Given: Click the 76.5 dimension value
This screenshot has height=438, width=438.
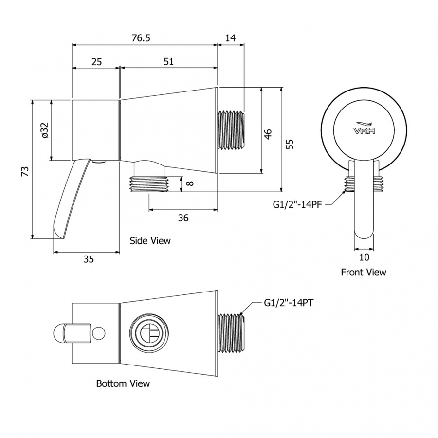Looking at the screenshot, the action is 141,37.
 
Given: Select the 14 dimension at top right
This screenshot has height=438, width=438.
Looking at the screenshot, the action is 231,37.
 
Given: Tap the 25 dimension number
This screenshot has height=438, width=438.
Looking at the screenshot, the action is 97,61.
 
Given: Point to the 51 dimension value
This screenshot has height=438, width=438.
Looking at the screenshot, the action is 169,61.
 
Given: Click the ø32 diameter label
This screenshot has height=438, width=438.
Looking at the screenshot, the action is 45,130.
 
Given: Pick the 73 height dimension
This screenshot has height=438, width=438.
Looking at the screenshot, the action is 25,171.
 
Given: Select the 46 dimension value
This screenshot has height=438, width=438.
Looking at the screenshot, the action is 268,134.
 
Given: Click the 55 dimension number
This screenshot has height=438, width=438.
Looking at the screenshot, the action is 291,144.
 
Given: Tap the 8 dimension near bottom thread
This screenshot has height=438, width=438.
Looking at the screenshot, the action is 190,183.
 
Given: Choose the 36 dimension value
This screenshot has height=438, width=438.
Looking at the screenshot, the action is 183,218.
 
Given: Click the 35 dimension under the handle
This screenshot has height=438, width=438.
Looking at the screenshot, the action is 89,259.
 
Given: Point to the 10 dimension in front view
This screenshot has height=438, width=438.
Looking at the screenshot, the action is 364,257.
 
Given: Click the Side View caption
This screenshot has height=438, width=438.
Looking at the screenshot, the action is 150,241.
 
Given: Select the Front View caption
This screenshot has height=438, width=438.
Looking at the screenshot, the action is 364,272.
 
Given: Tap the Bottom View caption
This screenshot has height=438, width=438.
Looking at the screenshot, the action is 123,383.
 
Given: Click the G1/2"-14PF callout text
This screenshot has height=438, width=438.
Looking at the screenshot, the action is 297,205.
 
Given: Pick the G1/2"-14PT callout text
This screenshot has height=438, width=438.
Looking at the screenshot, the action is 289,303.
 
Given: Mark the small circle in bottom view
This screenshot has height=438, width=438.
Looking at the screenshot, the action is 99,333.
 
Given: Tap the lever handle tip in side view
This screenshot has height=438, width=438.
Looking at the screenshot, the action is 59,234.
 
